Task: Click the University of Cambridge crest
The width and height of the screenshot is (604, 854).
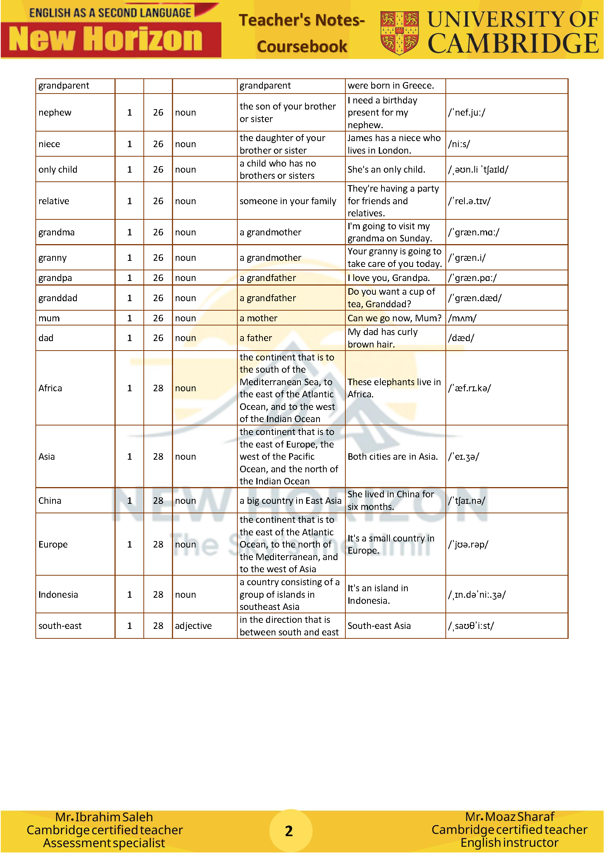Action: [x=399, y=33]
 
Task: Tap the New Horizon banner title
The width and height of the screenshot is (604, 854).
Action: [x=106, y=39]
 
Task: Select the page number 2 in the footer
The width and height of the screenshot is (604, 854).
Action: [x=289, y=830]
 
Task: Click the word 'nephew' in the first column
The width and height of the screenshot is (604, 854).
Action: [x=55, y=113]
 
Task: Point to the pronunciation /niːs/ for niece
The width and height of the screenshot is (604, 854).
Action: [x=459, y=144]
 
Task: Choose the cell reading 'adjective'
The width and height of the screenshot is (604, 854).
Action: [x=193, y=626]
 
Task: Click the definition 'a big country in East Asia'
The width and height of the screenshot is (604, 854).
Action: [x=291, y=501]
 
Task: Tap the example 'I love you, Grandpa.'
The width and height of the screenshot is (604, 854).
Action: [x=389, y=278]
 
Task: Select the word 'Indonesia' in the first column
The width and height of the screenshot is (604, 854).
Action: [x=58, y=595]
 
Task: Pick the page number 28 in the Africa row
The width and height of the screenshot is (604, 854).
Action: [x=158, y=388]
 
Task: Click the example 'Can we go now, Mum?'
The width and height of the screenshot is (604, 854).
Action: [x=394, y=318]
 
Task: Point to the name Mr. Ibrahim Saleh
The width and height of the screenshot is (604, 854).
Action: [x=104, y=817]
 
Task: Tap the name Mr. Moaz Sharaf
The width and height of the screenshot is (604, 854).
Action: [x=510, y=816]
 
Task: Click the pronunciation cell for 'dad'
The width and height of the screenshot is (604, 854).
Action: [x=461, y=338]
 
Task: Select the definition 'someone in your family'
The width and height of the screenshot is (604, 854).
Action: [x=288, y=201]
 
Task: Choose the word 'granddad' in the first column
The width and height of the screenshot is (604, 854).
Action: [x=58, y=298]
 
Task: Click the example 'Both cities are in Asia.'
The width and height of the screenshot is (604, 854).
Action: [x=393, y=457]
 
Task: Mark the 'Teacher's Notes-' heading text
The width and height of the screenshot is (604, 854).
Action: [x=302, y=20]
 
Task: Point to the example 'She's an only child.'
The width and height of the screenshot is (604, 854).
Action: [x=386, y=170]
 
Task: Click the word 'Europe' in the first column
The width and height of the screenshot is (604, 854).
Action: [x=53, y=544]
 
